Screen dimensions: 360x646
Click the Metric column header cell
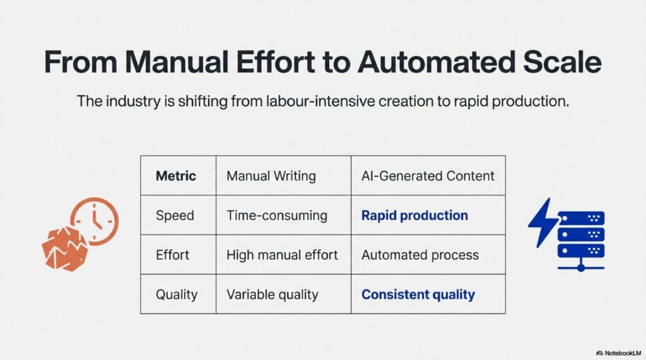pos(176,175)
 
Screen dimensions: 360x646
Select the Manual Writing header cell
pos(271,175)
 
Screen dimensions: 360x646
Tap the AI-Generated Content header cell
pos(428,175)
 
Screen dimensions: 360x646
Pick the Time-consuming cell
pos(277,216)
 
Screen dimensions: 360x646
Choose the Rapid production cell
pos(414,216)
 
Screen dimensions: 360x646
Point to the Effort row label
pos(172,255)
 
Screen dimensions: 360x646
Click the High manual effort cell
pos(282,255)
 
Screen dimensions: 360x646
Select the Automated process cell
pos(420,255)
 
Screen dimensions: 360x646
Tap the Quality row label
pos(176,294)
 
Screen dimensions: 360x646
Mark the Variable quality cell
pos(273,294)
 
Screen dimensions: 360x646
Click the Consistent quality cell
pos(418,294)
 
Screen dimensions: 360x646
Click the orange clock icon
pos(95,221)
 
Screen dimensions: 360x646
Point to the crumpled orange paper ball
pos(65,247)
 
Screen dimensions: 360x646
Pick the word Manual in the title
pos(177,64)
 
